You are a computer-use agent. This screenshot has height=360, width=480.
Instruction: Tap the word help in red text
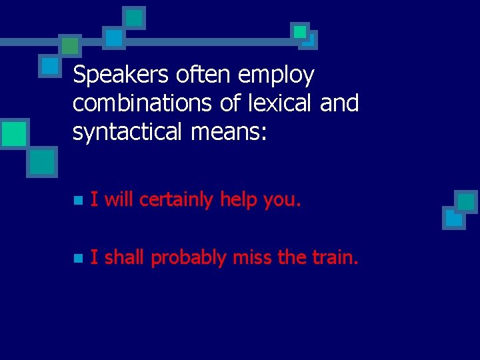[239, 199]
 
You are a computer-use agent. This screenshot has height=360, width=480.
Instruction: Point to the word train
[335, 257]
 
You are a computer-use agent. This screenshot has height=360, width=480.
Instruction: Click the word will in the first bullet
[119, 199]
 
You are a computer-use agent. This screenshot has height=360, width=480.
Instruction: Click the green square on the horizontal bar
[69, 45]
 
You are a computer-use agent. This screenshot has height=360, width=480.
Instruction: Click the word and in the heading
[340, 103]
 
